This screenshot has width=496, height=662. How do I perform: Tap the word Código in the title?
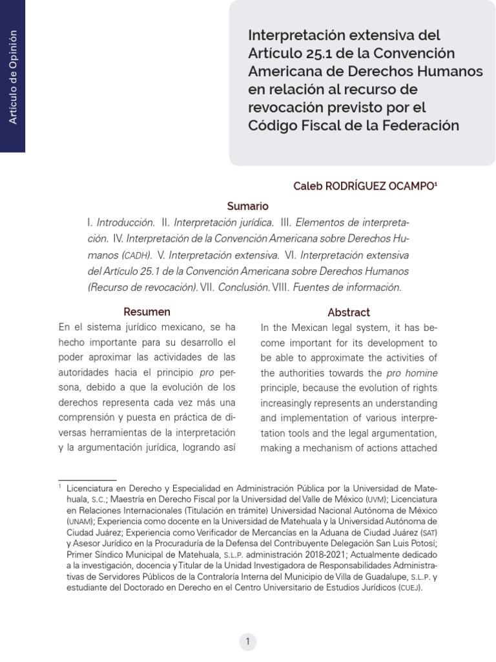pos(271,125)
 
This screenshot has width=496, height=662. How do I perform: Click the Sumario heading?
pos(247,206)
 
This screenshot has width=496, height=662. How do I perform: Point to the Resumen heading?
pos(147,312)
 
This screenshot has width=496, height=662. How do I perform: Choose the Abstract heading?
pos(349,312)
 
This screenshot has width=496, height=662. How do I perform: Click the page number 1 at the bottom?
pos(247,641)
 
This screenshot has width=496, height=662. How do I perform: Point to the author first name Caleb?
pos(307,186)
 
